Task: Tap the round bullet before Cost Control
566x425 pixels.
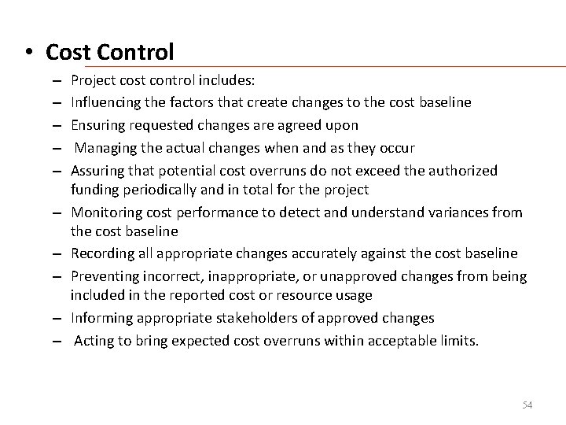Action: [28, 54]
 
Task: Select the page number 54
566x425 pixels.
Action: [527, 405]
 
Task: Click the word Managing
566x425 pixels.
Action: [105, 148]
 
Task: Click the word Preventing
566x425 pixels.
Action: [102, 277]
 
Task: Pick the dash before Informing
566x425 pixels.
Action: [59, 318]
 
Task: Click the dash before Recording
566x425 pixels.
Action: [59, 253]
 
